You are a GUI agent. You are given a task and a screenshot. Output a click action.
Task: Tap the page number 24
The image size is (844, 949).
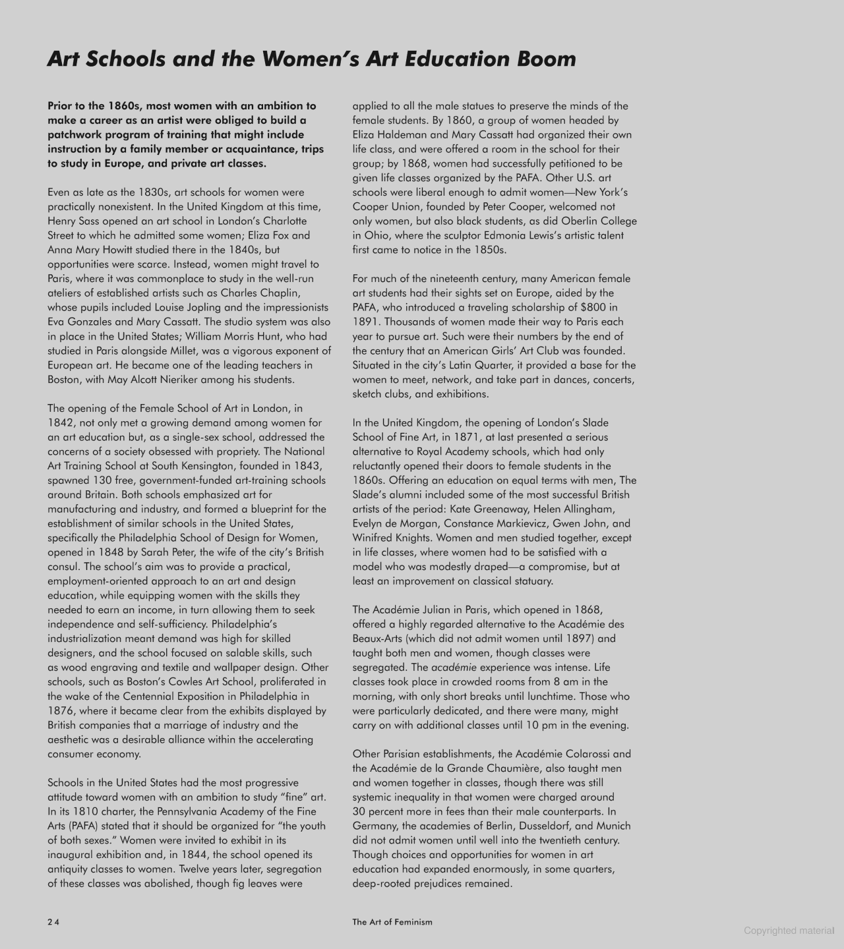(53, 922)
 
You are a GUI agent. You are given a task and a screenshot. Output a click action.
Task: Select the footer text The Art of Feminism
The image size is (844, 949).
(392, 922)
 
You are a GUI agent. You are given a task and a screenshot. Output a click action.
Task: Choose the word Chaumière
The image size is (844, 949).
(593, 768)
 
